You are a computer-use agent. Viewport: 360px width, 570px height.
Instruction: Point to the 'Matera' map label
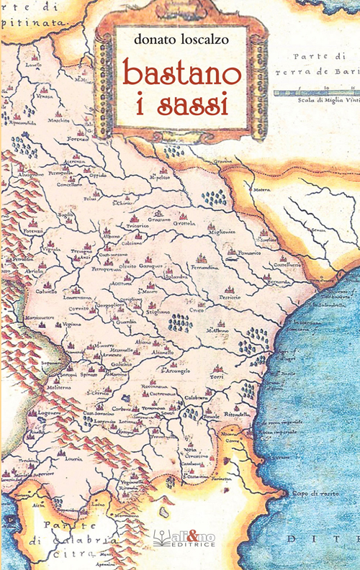[x=261, y=191]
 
